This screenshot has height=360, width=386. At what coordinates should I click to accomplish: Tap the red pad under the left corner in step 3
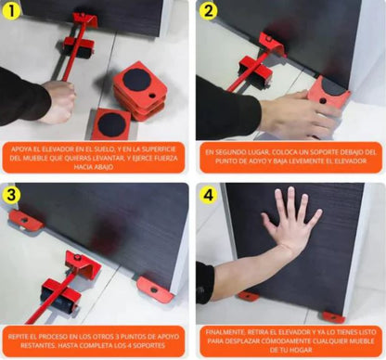click(25, 221)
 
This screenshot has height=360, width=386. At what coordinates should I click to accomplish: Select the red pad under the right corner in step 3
click(155, 287)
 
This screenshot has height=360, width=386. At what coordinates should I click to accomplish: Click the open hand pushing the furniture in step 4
click(290, 223)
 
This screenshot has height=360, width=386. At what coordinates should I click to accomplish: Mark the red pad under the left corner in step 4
click(248, 297)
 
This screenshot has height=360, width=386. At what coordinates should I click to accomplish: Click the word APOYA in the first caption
click(29, 148)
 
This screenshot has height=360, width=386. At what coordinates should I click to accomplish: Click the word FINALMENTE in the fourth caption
click(226, 329)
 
